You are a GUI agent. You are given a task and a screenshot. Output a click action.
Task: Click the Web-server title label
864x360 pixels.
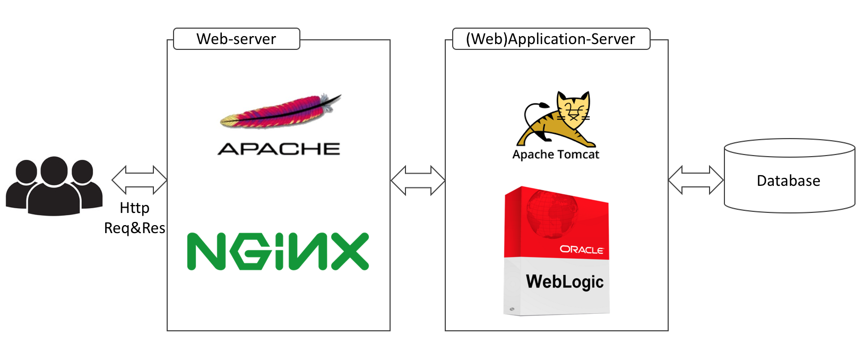(236, 39)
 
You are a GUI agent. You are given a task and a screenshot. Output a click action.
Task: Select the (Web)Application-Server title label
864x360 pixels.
(550, 39)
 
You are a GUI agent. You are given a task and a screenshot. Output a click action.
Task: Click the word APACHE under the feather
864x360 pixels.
(279, 149)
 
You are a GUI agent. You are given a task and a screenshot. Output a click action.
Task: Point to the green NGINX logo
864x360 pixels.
(278, 251)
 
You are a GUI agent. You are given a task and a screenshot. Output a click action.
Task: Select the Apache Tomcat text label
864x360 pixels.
(556, 155)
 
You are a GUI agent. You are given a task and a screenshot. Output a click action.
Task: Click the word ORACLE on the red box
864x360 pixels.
(582, 249)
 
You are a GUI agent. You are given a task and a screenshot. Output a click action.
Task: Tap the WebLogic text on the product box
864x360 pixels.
(565, 281)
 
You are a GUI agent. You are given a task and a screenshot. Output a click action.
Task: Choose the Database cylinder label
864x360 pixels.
(788, 181)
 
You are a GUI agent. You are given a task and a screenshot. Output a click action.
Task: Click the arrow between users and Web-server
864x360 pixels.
(140, 179)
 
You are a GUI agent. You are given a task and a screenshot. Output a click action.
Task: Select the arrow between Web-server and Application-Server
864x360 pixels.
(418, 181)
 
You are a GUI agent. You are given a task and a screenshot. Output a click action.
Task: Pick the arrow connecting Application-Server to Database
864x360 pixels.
(696, 179)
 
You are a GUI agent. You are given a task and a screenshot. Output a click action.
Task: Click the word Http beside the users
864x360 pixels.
(134, 208)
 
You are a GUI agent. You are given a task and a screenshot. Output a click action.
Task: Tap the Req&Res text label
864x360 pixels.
(134, 228)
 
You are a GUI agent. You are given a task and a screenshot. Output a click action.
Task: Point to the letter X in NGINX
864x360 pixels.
(348, 251)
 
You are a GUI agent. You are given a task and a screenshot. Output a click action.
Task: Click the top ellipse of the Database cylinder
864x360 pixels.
(790, 148)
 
